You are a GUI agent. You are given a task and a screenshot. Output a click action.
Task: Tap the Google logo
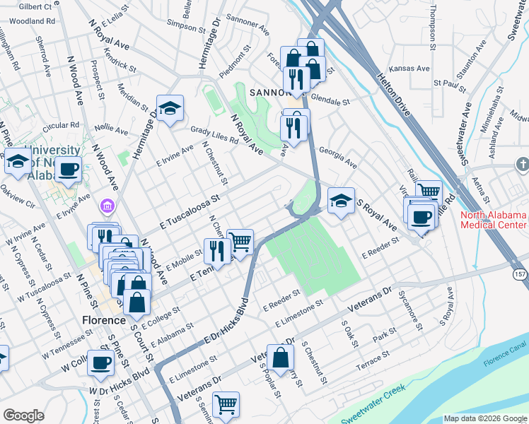(x=23, y=416)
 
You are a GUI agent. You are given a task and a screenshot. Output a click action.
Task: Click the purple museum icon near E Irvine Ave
(x=107, y=206)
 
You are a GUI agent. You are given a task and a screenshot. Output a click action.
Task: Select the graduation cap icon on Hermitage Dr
(x=170, y=108)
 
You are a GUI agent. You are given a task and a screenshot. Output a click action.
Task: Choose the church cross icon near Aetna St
(x=522, y=165)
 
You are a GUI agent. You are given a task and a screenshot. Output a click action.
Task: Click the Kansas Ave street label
(x=414, y=69)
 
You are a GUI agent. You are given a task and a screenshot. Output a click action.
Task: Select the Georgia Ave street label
(x=337, y=157)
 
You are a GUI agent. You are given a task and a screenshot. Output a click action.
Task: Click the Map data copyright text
(x=484, y=418)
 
